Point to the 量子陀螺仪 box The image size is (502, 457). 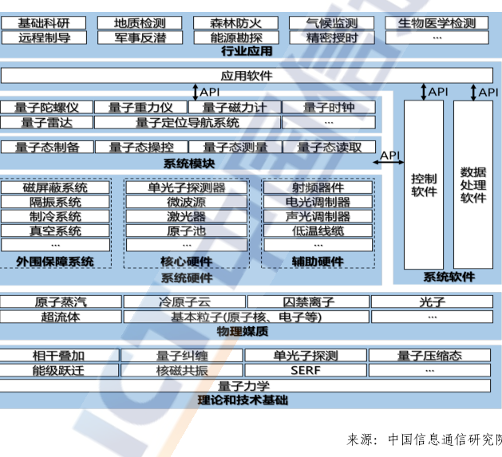pyautogui.click(x=47, y=108)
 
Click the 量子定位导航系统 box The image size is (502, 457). pyautogui.click(x=188, y=122)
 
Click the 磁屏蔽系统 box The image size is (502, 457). pyautogui.click(x=55, y=188)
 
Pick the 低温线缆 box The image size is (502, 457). pyautogui.click(x=317, y=231)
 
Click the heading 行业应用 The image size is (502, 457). pyautogui.click(x=247, y=51)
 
